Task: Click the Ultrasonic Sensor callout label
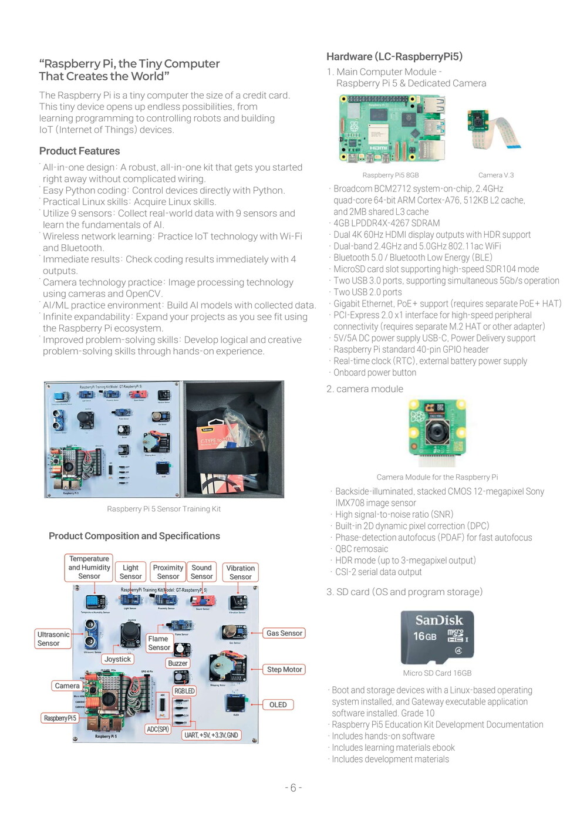[x=53, y=639]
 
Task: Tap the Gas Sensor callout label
[x=284, y=633]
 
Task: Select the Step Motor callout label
[x=284, y=669]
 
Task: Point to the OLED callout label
[x=278, y=704]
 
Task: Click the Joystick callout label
[x=117, y=659]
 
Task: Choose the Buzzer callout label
[x=177, y=663]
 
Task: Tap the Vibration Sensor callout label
[x=240, y=572]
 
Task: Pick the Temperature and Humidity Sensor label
[x=89, y=568]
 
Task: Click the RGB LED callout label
[x=184, y=691]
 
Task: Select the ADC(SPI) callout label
[x=158, y=729]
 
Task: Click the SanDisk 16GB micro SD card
[x=437, y=637]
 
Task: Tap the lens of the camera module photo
[x=437, y=432]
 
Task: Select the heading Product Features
[x=79, y=151]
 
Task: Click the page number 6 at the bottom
[x=293, y=788]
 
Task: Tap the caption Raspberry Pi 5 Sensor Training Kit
[x=164, y=509]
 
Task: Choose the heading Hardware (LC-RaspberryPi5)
[x=394, y=56]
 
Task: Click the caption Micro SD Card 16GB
[x=437, y=673]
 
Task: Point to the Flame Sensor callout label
[x=158, y=643]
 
